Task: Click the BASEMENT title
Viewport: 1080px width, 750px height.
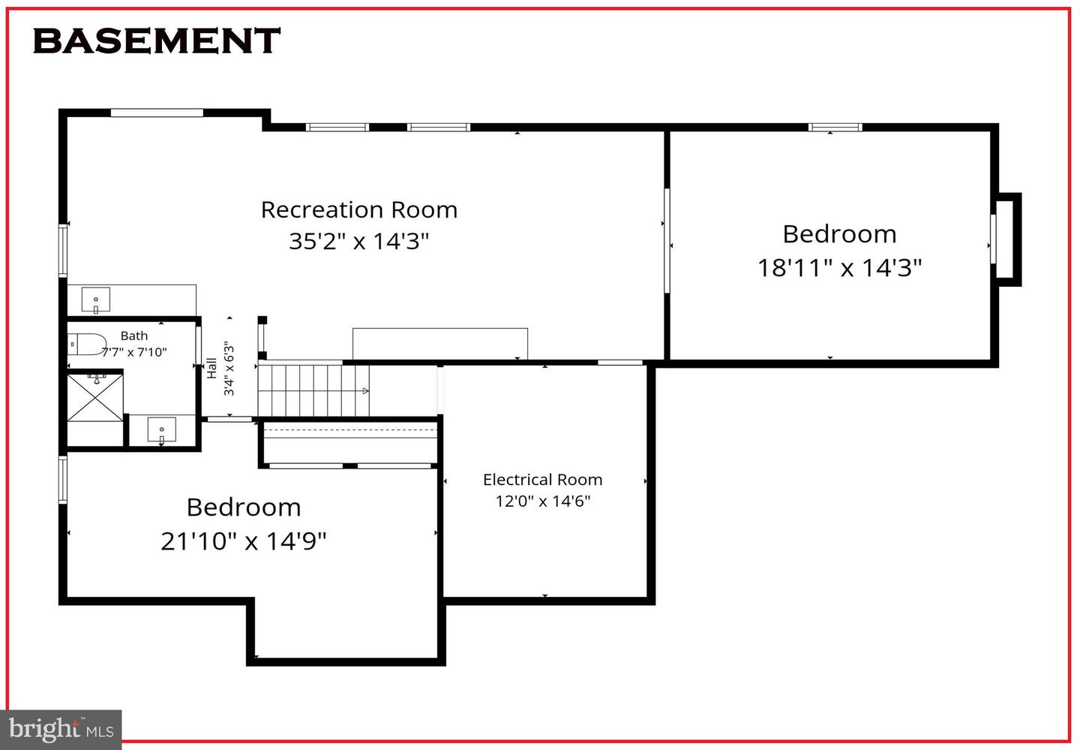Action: [x=156, y=41]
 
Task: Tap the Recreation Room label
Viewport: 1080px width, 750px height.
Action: [x=358, y=209]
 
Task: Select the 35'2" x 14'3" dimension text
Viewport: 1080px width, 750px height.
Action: [x=358, y=241]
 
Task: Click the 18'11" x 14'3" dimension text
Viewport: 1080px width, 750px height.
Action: [x=839, y=267]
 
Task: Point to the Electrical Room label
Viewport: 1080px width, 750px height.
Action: [x=542, y=480]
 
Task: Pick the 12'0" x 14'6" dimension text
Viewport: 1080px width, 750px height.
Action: [x=542, y=501]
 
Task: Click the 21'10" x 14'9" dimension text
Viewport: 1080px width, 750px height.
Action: [x=244, y=541]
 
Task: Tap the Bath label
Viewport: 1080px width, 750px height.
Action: [x=134, y=336]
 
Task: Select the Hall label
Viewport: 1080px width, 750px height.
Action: [x=212, y=368]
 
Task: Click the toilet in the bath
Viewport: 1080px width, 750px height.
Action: [x=84, y=345]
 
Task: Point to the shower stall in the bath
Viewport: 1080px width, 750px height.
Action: [x=95, y=396]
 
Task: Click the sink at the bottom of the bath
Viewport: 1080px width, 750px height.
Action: [x=161, y=432]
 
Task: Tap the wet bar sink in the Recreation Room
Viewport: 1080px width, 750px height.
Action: [x=95, y=300]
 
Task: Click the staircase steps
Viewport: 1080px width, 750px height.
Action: [x=307, y=390]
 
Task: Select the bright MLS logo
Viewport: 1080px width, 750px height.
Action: [x=61, y=730]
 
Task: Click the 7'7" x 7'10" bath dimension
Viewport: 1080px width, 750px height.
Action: [x=134, y=352]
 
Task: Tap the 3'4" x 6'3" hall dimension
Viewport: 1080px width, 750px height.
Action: [x=229, y=369]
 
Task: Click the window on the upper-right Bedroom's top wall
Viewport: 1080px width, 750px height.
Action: [x=835, y=127]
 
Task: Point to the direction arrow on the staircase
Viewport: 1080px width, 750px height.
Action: [x=364, y=391]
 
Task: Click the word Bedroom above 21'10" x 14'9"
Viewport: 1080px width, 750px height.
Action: [x=244, y=508]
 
